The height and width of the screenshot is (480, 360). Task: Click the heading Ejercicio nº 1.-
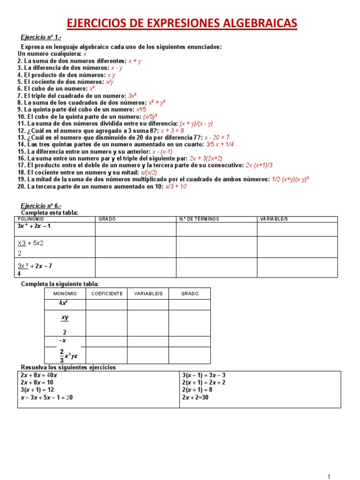point(41,37)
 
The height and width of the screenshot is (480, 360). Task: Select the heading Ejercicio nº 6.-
point(41,206)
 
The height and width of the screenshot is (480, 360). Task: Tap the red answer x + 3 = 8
point(172,130)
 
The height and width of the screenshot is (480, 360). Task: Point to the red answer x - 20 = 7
point(217,137)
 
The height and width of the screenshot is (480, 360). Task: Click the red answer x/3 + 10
point(176,186)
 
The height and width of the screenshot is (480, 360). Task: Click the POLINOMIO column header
point(31,219)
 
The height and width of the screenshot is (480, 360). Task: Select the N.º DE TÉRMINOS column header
point(199,219)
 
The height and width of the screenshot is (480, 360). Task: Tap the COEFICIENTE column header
point(106,293)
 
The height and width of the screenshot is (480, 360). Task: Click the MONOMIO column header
point(65,293)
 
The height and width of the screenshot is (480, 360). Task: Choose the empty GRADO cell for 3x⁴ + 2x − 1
point(135,229)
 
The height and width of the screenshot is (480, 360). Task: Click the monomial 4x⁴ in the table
point(65,303)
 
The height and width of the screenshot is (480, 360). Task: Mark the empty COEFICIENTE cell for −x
point(106,341)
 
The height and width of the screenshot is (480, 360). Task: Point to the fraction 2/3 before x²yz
point(61,355)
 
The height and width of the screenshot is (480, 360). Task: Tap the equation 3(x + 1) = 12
point(37,390)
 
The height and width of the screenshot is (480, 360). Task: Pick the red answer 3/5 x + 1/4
point(220,144)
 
